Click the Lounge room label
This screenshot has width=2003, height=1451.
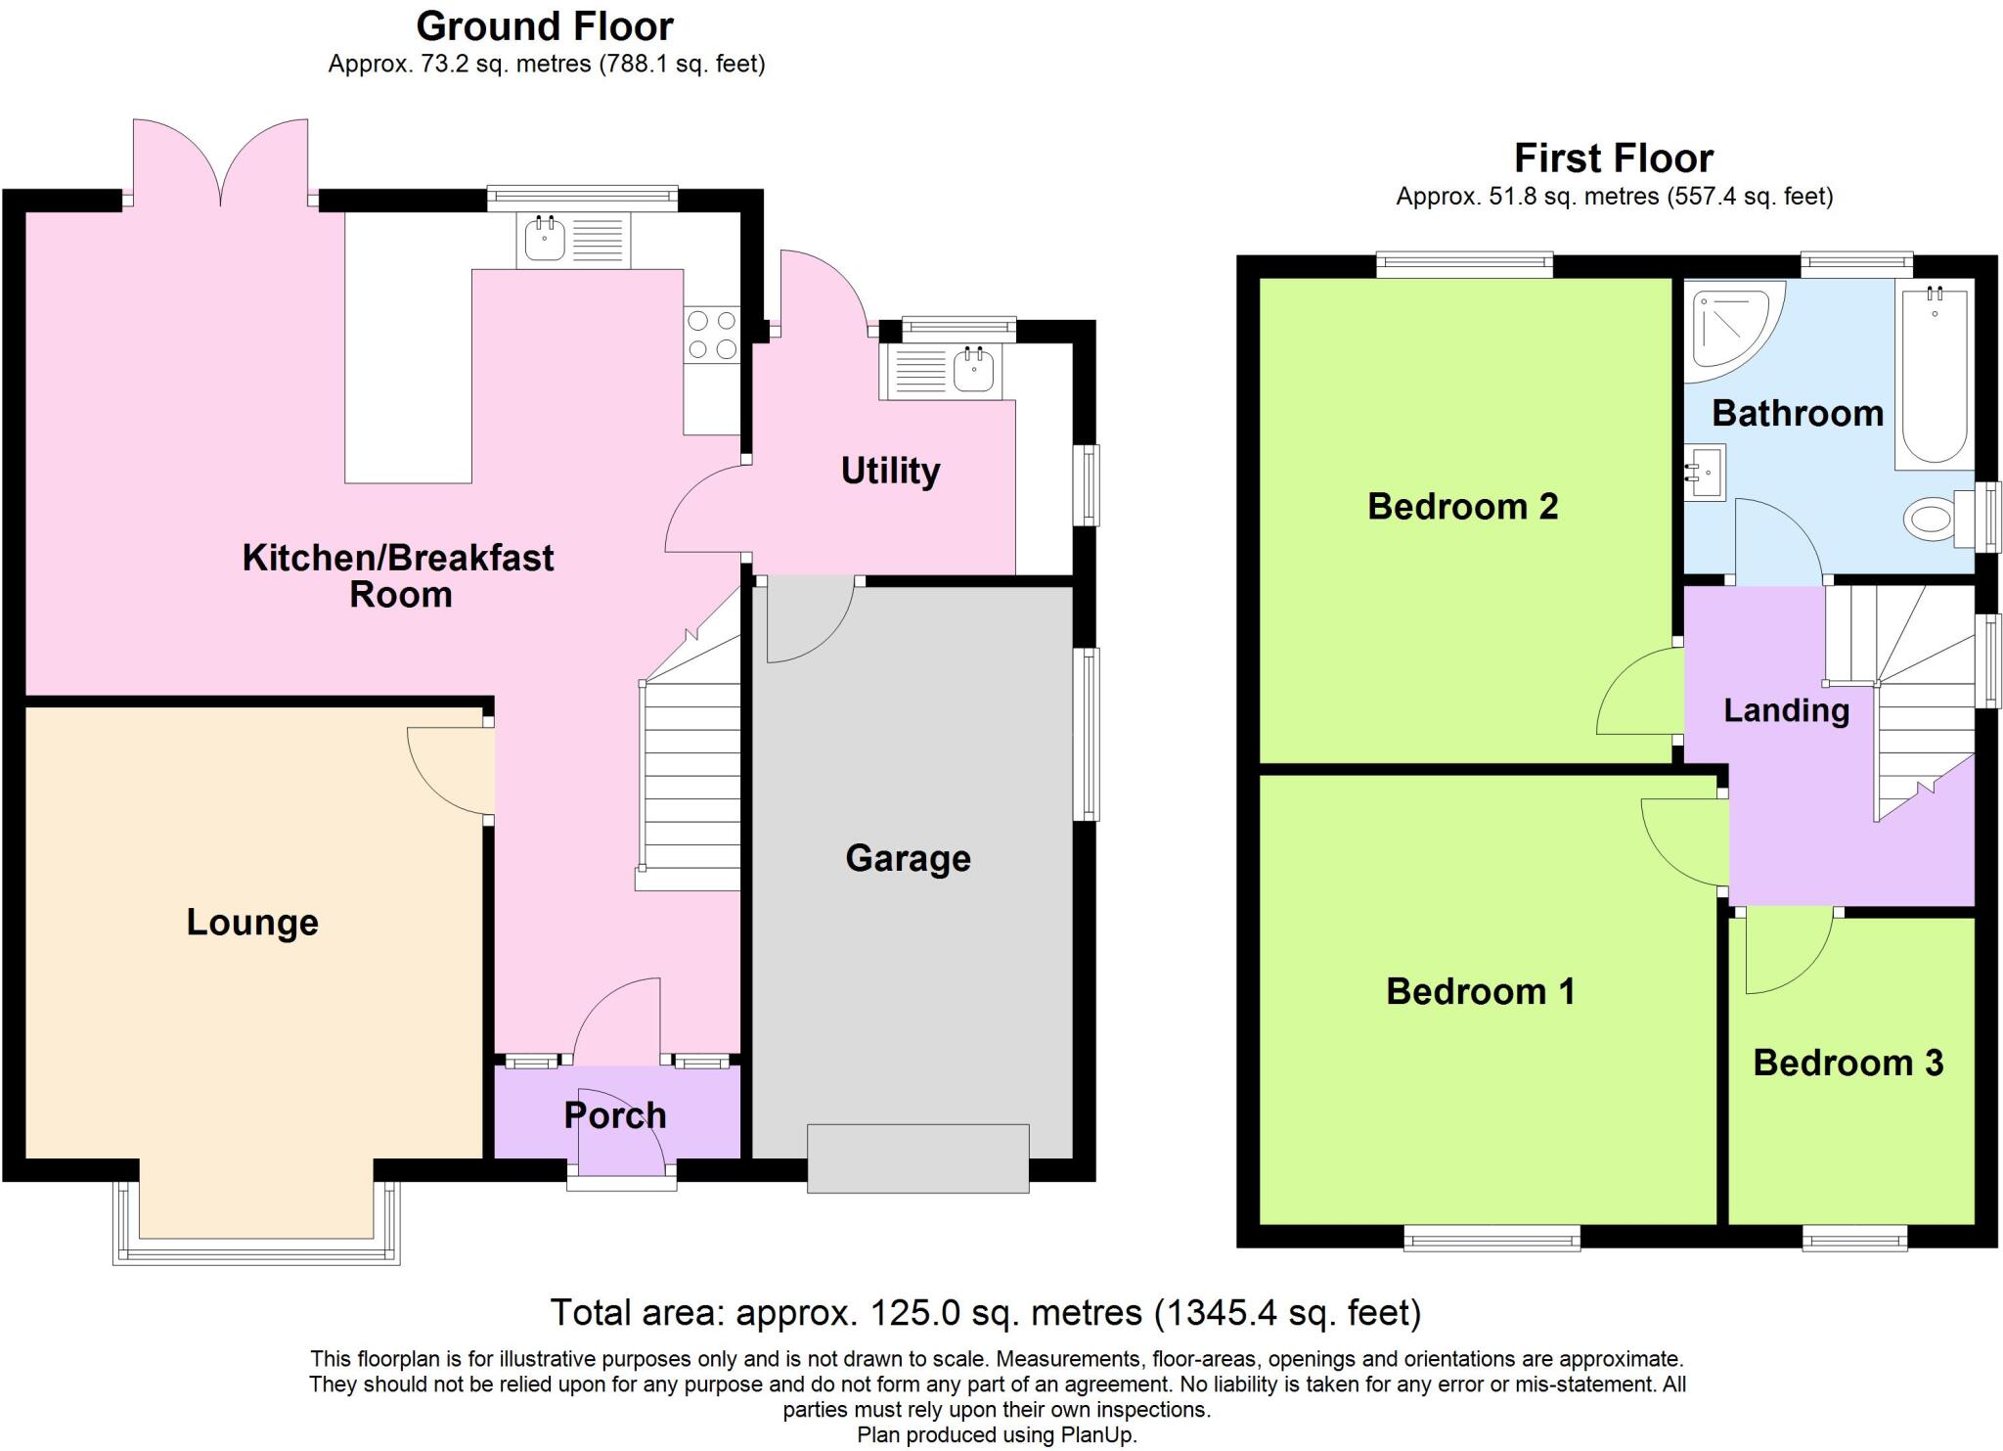(252, 923)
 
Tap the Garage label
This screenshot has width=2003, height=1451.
(908, 858)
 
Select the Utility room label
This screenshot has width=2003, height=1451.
(890, 471)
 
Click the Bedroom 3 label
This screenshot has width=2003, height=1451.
(1847, 1063)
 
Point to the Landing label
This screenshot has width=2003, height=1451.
(1786, 710)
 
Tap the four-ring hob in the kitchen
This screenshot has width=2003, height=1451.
(712, 335)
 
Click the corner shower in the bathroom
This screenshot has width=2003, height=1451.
(1731, 327)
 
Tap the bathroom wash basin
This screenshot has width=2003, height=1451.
(1705, 474)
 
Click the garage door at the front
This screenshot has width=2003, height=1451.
(917, 1158)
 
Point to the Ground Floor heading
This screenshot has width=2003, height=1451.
(545, 26)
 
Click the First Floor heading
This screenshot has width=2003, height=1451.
(1613, 159)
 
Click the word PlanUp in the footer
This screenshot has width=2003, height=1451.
(1097, 1435)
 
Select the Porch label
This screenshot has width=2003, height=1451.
(615, 1115)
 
